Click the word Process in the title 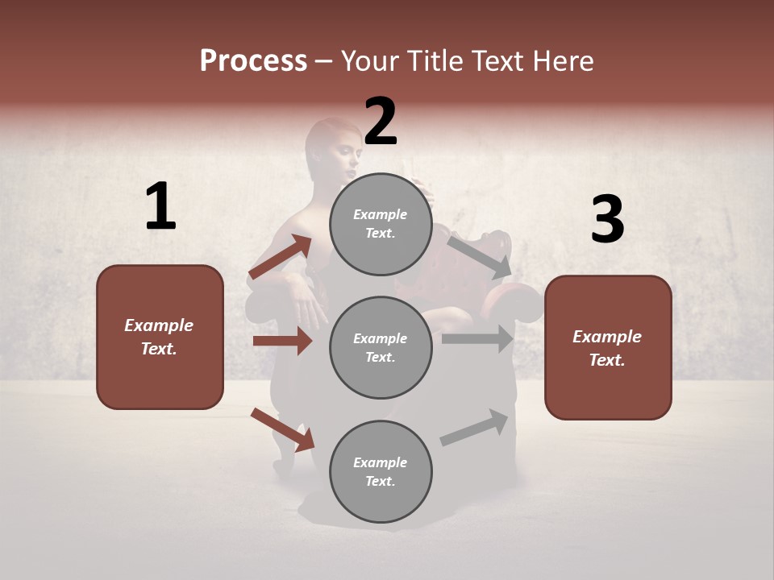tap(253, 61)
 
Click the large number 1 tap(160, 206)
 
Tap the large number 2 tap(381, 122)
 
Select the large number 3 tap(607, 220)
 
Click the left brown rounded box tap(160, 337)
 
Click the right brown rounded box tap(608, 348)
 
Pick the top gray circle tap(381, 224)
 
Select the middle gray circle tap(381, 347)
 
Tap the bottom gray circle tap(381, 471)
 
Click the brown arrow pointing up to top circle tap(281, 257)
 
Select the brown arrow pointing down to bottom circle tap(283, 429)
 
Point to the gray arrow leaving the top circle tap(480, 256)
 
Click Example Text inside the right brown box tap(607, 348)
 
